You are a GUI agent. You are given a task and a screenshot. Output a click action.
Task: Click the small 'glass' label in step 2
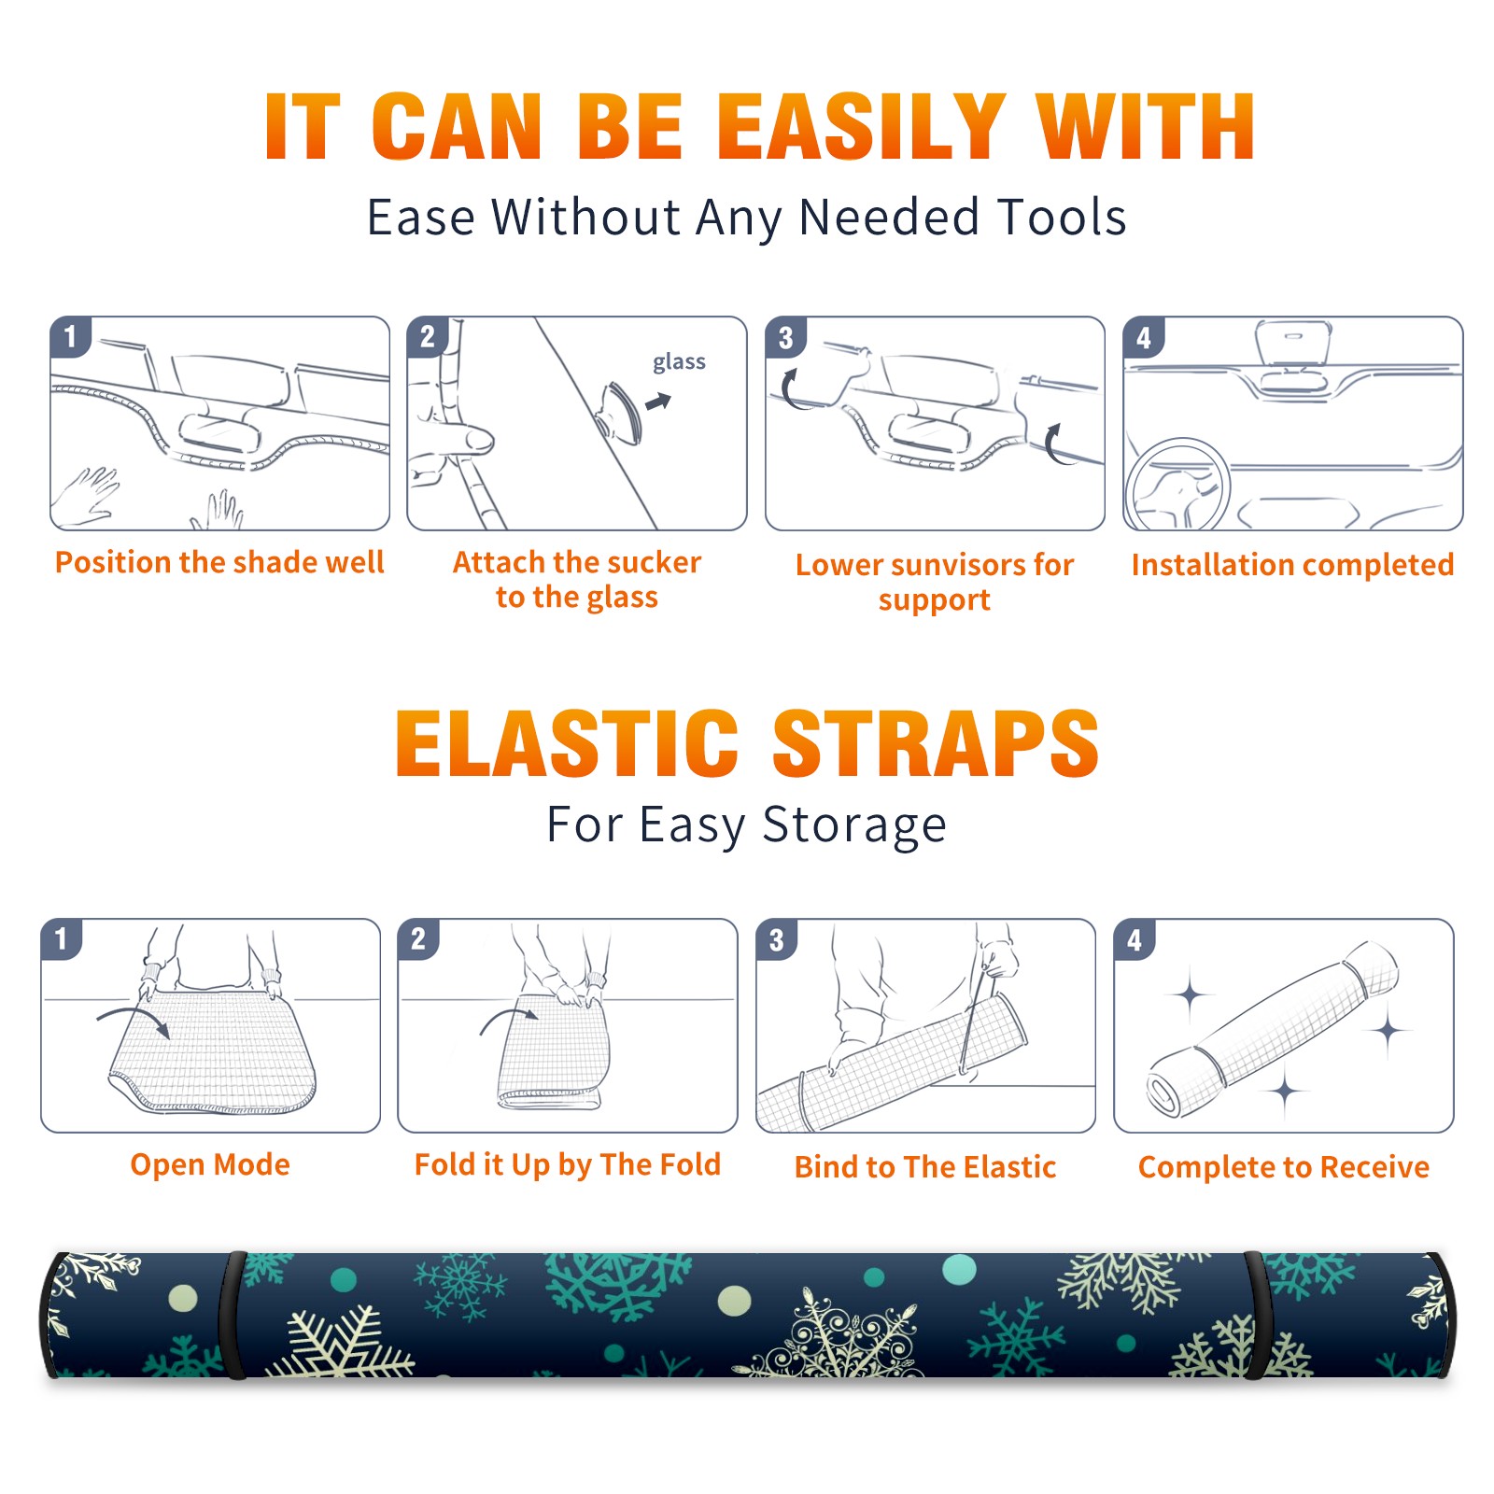coord(679,362)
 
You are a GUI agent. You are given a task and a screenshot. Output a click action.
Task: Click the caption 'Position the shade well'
coord(219,562)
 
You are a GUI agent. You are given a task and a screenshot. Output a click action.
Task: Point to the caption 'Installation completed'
coord(1292,564)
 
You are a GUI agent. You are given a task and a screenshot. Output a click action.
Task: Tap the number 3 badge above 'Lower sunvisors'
coord(785,338)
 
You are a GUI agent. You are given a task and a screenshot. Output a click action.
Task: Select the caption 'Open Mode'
coord(210,1164)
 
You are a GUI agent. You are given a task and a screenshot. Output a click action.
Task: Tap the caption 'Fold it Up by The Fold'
coord(568,1164)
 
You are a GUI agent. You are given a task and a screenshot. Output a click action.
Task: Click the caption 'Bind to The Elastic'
coord(925,1167)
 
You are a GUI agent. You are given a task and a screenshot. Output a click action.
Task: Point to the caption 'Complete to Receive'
coord(1284,1167)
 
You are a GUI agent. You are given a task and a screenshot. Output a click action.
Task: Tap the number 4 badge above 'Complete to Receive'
coord(1135,939)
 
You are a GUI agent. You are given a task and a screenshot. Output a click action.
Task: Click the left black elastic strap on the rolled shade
coord(233,1315)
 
